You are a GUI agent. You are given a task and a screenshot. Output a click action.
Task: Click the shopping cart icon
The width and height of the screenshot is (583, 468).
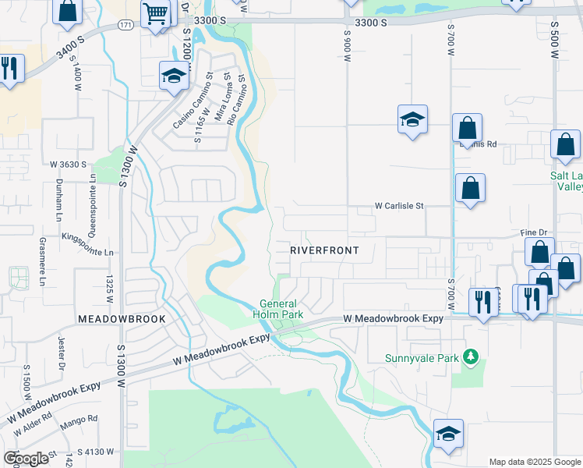pyautogui.click(x=156, y=12)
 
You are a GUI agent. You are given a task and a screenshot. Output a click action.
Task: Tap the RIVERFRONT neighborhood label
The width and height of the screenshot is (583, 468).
pyautogui.click(x=324, y=250)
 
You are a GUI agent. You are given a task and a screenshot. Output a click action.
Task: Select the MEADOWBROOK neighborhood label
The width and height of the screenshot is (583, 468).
pyautogui.click(x=122, y=320)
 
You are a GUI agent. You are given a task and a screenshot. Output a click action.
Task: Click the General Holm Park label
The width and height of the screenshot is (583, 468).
pyautogui.click(x=277, y=309)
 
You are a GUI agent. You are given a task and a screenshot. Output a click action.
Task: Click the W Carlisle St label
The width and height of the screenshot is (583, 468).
pyautogui.click(x=398, y=207)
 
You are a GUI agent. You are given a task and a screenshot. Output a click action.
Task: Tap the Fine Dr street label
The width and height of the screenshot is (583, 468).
pyautogui.click(x=535, y=233)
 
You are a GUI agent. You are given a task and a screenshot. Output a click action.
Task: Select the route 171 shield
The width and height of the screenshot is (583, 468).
pyautogui.click(x=125, y=26)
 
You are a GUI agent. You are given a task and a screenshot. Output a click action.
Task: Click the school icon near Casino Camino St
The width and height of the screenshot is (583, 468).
pyautogui.click(x=174, y=76)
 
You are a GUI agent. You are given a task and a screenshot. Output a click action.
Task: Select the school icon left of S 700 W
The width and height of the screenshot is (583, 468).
pyautogui.click(x=412, y=119)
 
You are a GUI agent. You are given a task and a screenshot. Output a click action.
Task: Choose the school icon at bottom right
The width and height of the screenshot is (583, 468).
pyautogui.click(x=448, y=434)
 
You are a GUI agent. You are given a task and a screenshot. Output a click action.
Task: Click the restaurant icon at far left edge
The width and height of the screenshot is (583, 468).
pyautogui.click(x=9, y=67)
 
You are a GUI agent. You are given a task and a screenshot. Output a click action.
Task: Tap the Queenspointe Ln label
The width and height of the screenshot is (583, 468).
pyautogui.click(x=93, y=196)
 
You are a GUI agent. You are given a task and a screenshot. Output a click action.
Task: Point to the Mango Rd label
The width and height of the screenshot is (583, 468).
pyautogui.click(x=82, y=419)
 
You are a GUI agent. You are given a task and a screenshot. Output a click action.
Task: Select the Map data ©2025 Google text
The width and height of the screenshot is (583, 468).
pyautogui.click(x=535, y=462)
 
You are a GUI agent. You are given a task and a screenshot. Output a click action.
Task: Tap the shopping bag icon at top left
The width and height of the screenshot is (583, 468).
pyautogui.click(x=68, y=10)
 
